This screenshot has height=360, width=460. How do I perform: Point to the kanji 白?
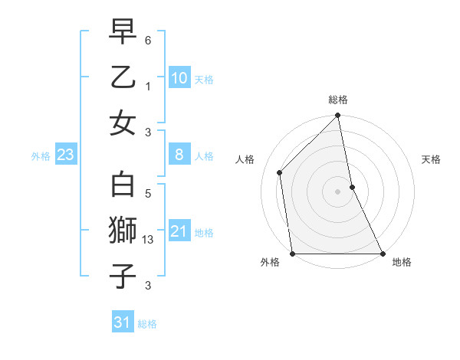click(x=123, y=186)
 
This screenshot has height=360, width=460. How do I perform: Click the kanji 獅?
click(x=123, y=231)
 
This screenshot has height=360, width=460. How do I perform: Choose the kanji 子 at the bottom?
click(x=123, y=277)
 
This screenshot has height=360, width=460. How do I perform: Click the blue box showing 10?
click(x=179, y=78)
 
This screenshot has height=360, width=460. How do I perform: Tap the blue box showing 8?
click(x=179, y=155)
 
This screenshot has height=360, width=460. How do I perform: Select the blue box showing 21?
click(x=179, y=231)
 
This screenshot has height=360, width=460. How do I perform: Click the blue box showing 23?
click(x=65, y=155)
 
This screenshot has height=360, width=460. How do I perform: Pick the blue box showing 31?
click(x=122, y=322)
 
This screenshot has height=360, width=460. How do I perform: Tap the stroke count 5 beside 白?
click(x=148, y=195)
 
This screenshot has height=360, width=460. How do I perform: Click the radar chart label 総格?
click(x=338, y=100)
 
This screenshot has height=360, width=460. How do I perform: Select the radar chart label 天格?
click(x=431, y=160)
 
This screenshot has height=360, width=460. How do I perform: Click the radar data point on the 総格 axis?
click(x=338, y=116)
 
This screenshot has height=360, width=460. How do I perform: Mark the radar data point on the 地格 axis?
click(x=383, y=254)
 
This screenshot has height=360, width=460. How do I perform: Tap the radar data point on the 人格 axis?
click(x=280, y=172)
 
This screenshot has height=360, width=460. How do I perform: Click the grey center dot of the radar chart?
click(x=338, y=191)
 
